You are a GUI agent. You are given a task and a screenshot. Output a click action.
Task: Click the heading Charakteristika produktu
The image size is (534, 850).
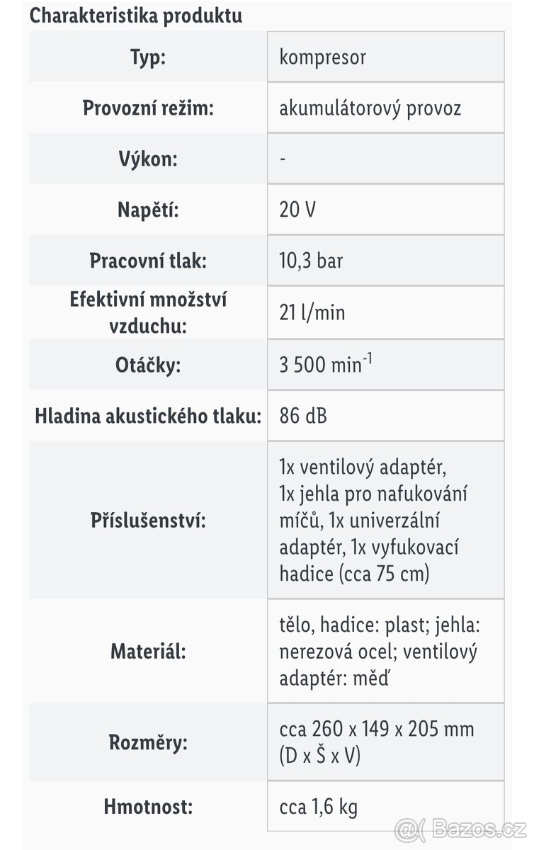pos(135,16)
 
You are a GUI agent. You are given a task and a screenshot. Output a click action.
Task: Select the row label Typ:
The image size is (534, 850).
pos(148,57)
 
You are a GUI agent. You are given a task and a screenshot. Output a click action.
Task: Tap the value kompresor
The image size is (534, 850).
pos(323,57)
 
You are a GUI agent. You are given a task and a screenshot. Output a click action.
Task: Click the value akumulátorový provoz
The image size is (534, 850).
pos(370,108)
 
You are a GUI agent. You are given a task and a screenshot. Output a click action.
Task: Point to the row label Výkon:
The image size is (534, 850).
pos(148,159)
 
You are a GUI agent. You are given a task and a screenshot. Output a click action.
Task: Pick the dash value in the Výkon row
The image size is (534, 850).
pos(283,159)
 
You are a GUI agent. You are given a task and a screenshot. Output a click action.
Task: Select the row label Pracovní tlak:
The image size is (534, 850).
pos(148,261)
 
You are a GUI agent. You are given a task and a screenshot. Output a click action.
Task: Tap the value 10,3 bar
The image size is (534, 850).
pos(312,261)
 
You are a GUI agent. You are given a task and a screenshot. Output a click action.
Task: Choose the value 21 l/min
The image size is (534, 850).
pos(312,312)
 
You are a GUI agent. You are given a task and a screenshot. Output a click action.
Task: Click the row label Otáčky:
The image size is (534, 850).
pos(148,365)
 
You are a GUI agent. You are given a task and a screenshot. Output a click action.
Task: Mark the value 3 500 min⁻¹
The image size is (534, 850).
pos(326,365)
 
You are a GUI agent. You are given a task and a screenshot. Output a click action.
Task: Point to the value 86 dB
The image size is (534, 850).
pos(303,415)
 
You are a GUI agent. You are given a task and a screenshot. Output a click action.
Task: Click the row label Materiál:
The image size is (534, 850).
pos(148,651)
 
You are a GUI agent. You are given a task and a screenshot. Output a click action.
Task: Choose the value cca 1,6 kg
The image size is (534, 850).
pos(319,806)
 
